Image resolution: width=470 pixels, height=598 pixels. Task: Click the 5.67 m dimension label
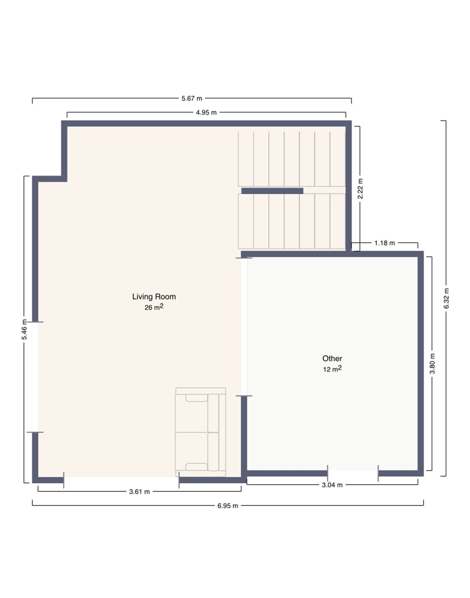pos(192,98)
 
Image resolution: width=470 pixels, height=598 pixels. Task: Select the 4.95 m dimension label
pos(206,112)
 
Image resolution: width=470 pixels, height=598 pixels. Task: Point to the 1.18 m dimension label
pos(384,243)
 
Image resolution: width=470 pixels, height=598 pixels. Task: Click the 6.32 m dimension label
pos(446,298)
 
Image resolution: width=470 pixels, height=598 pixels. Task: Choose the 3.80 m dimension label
pos(432,363)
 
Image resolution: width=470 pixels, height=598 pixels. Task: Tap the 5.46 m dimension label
pos(25,329)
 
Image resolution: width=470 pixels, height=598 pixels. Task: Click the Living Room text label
pos(154,297)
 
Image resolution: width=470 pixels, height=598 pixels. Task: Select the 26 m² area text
pos(154,307)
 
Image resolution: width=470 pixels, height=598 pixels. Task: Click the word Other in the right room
pos(332,359)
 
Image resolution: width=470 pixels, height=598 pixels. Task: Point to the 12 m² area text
pos(332,369)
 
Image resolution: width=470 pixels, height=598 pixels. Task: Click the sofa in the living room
pos(201,432)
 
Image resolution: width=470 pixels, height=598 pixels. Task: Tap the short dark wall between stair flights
pos(272,191)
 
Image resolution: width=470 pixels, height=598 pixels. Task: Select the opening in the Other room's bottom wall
pos(353,473)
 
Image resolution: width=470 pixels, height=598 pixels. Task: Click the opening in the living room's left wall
pos(35,377)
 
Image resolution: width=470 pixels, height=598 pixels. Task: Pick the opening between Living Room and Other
pos(244,327)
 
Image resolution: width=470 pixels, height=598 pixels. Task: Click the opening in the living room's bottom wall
pos(121,480)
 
